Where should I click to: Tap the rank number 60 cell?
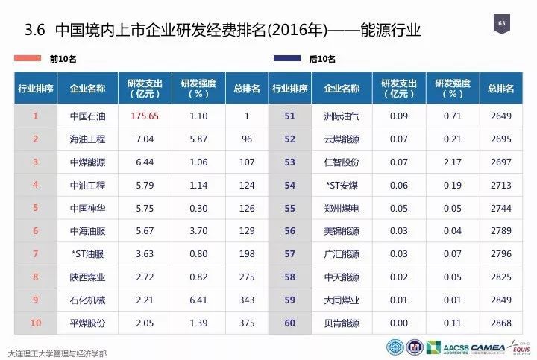point(290,323)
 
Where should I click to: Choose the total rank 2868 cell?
point(500,323)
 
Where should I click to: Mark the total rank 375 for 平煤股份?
point(245,323)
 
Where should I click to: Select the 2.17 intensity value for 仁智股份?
point(453,162)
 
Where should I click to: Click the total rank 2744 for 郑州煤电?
point(500,209)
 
